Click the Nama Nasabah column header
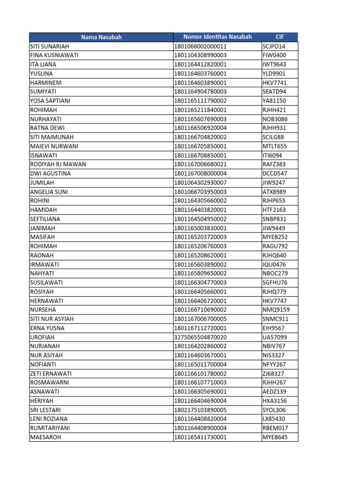click(x=101, y=37)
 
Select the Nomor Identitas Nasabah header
click(x=217, y=37)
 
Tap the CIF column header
click(x=279, y=37)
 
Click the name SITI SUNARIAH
click(x=50, y=46)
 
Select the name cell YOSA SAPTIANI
click(x=50, y=101)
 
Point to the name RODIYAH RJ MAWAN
click(x=58, y=165)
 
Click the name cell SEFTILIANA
click(x=45, y=219)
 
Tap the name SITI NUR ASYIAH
click(x=52, y=319)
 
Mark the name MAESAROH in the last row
click(x=45, y=437)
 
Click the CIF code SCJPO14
click(x=274, y=46)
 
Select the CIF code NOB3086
click(x=274, y=119)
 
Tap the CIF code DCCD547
click(x=275, y=173)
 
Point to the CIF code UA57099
click(x=274, y=337)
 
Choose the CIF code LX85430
click(x=274, y=419)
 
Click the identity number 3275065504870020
click(x=200, y=337)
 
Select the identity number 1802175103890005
click(x=200, y=410)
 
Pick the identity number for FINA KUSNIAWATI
click(x=200, y=55)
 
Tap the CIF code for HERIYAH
click(x=274, y=401)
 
